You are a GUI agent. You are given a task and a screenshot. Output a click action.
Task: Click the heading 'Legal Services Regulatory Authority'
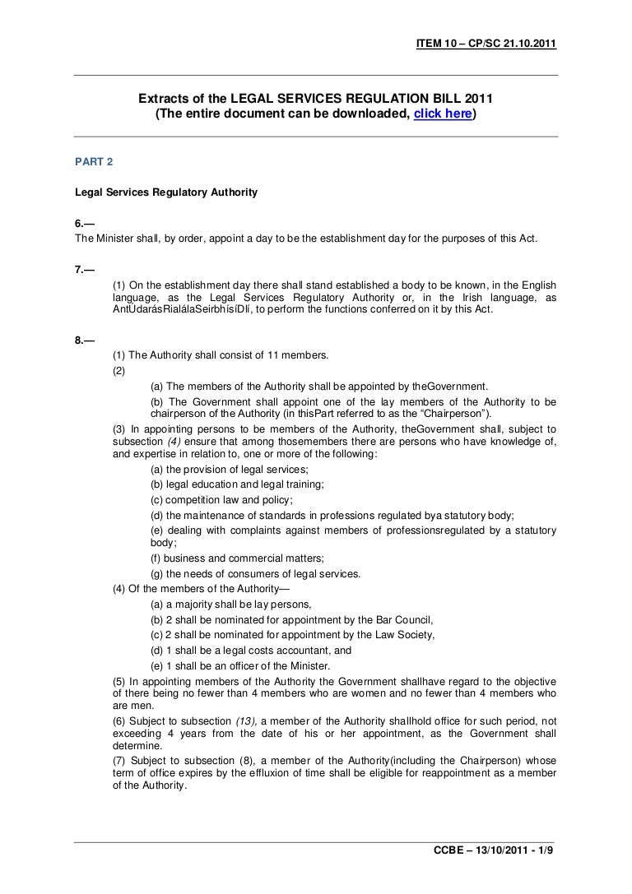tap(166, 193)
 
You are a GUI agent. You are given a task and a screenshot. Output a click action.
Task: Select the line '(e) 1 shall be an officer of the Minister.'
tap(240, 665)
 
